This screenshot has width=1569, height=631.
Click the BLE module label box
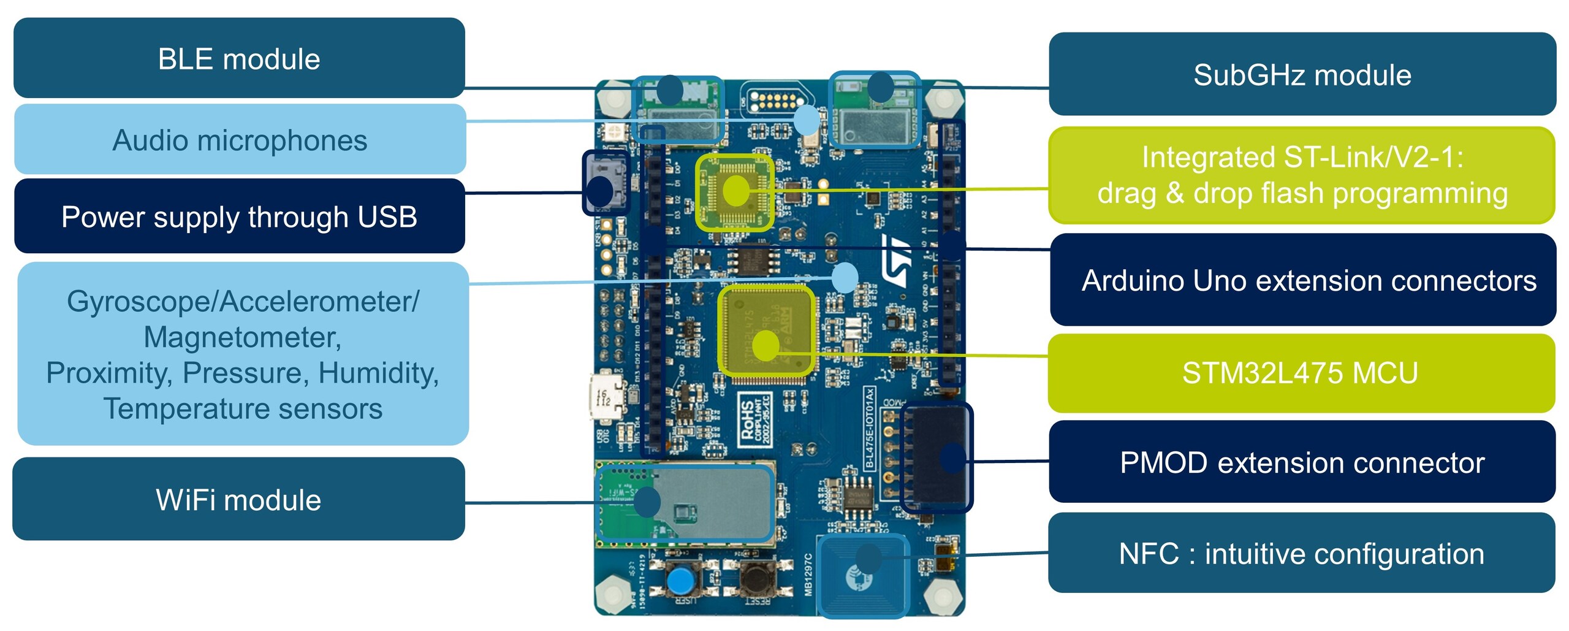(239, 58)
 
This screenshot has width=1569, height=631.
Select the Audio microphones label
(240, 140)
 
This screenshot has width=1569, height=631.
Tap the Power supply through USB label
(239, 216)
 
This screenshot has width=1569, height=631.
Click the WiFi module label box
(238, 499)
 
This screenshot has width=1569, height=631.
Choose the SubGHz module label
(1302, 74)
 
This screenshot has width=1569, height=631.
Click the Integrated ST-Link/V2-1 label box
(1302, 175)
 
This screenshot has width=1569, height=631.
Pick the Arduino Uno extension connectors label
(1303, 280)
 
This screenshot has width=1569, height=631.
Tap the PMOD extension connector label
(1302, 462)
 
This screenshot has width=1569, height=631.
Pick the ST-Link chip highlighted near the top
(734, 192)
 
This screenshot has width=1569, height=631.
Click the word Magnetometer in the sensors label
(242, 337)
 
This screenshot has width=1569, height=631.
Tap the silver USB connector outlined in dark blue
(606, 182)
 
